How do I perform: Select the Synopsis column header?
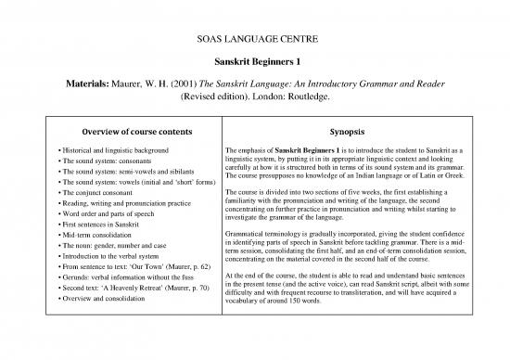[x=359, y=130]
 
